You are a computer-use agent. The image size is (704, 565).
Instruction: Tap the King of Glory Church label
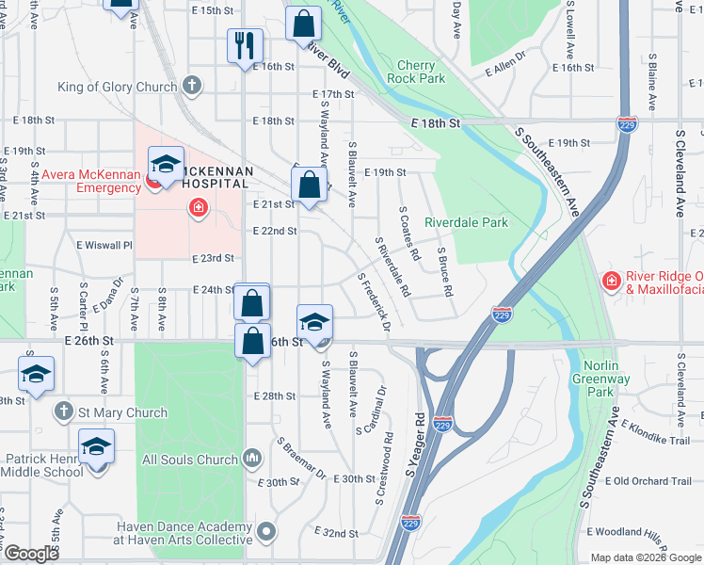pos(117,88)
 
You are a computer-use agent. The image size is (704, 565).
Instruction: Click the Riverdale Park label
pos(466,223)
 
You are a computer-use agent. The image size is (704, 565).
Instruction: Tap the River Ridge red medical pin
pos(611,281)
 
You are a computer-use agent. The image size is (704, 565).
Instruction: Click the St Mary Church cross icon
pos(63,412)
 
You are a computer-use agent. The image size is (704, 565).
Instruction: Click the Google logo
pos(32,555)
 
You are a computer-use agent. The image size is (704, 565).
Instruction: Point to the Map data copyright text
pos(646,557)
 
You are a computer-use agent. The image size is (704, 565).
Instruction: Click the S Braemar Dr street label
pos(300,459)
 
